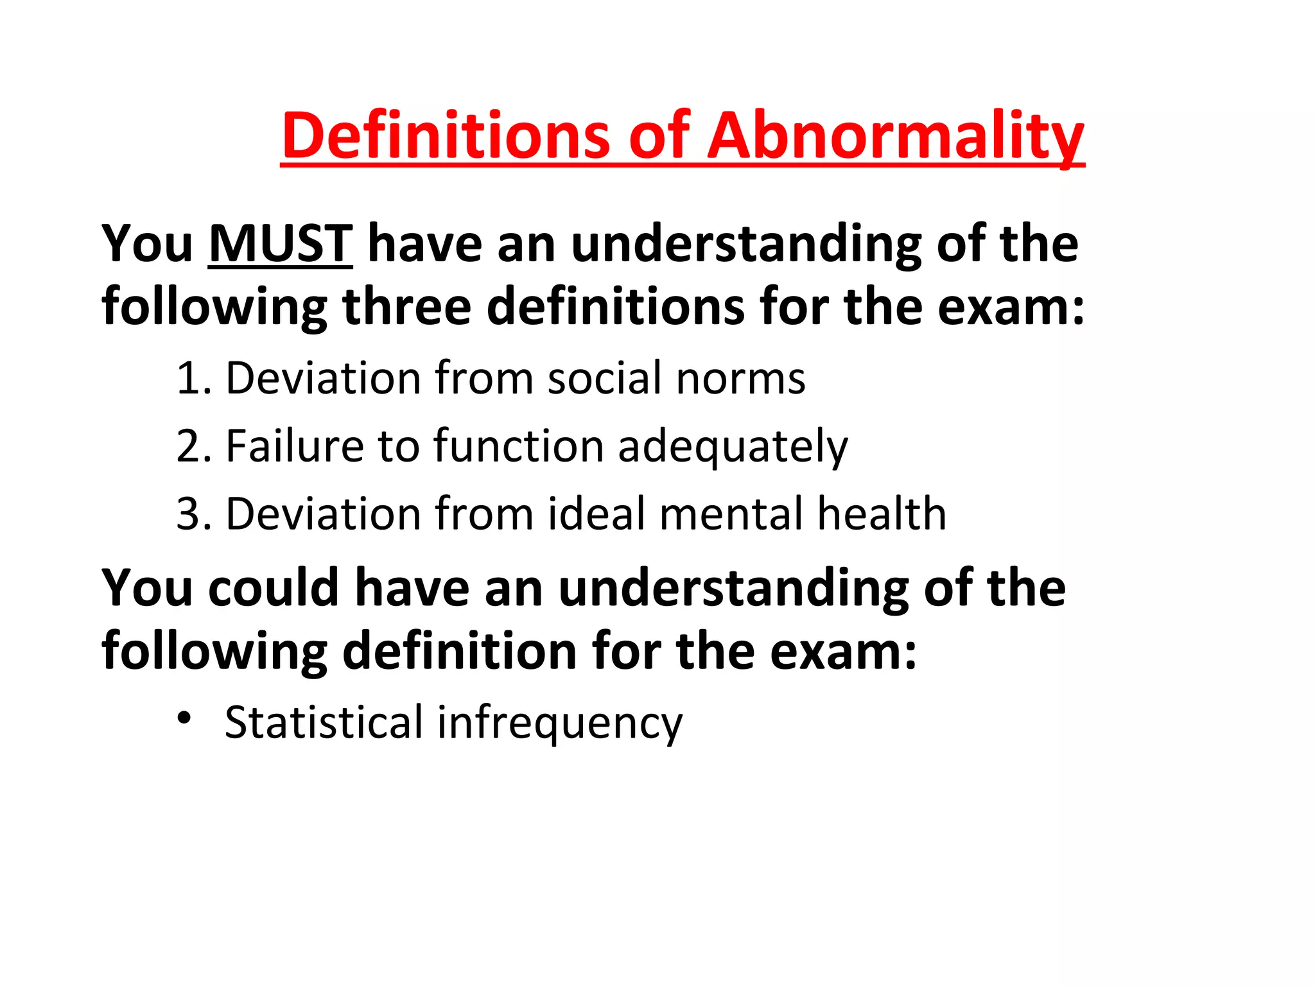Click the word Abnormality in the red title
(896, 136)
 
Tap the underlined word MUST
(281, 244)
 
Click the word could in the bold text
(274, 588)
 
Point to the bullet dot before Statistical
(185, 717)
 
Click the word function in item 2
(519, 446)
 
